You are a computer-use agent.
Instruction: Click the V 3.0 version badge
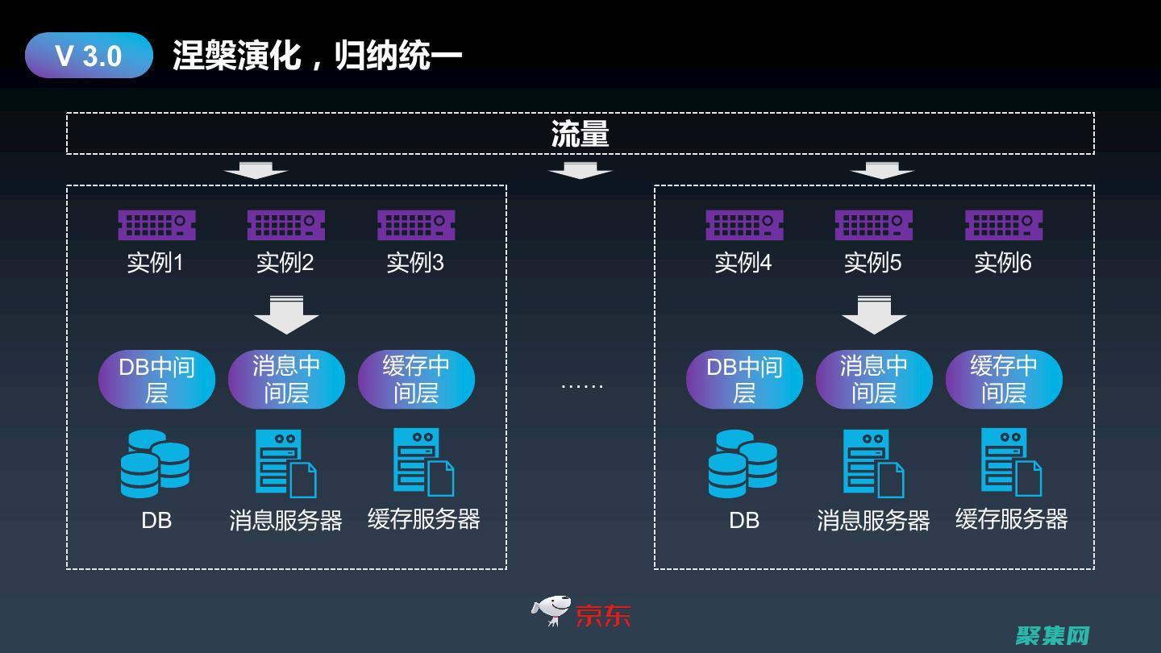pyautogui.click(x=89, y=56)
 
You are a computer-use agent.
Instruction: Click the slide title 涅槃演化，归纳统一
pyautogui.click(x=317, y=56)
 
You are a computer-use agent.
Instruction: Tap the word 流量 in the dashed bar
pyautogui.click(x=580, y=134)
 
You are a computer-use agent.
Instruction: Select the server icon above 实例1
pyautogui.click(x=156, y=225)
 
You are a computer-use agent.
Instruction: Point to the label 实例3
pyautogui.click(x=415, y=263)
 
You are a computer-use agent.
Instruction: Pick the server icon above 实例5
pyautogui.click(x=873, y=225)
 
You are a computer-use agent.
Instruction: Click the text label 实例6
pyautogui.click(x=1003, y=263)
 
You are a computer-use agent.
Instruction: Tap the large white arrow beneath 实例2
pyautogui.click(x=286, y=315)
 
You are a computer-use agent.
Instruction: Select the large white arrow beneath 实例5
pyautogui.click(x=874, y=315)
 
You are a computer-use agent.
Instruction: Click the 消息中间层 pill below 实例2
pyautogui.click(x=286, y=379)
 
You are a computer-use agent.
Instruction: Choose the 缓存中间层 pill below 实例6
pyautogui.click(x=1004, y=379)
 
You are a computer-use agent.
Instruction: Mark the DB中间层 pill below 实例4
pyautogui.click(x=744, y=379)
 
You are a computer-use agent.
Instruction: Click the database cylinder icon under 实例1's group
pyautogui.click(x=155, y=464)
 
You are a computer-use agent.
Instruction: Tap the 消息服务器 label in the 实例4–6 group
pyautogui.click(x=874, y=521)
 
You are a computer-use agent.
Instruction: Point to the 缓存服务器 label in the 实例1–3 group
pyautogui.click(x=424, y=519)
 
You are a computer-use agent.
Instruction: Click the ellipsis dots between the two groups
pyautogui.click(x=581, y=386)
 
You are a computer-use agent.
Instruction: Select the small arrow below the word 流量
pyautogui.click(x=580, y=171)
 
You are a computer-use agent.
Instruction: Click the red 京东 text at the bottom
pyautogui.click(x=603, y=615)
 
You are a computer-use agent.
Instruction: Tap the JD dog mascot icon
pyautogui.click(x=551, y=611)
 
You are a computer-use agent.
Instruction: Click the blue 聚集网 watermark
pyautogui.click(x=1053, y=635)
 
